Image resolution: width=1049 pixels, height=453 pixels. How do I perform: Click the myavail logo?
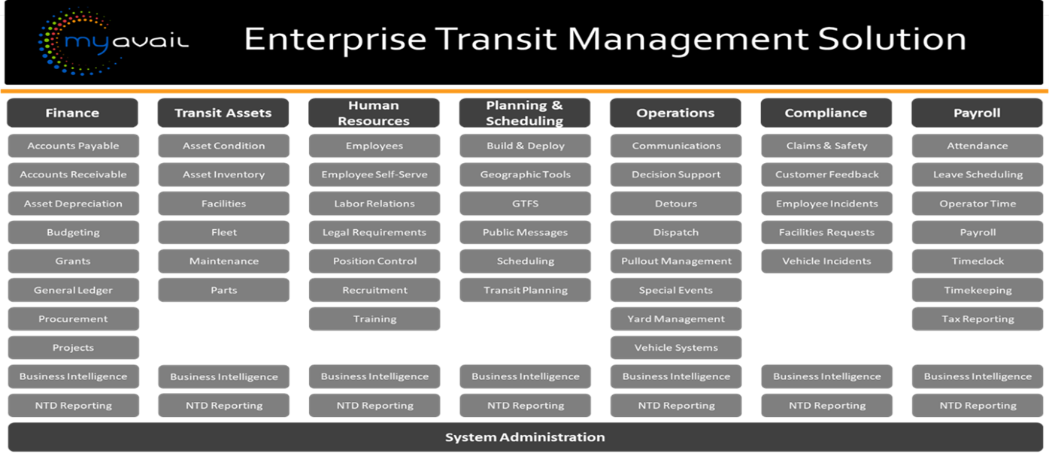(113, 41)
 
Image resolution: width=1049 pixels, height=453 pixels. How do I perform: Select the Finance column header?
(72, 113)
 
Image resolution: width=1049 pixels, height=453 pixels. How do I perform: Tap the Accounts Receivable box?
(73, 174)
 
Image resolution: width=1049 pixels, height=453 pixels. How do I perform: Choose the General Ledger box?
(73, 290)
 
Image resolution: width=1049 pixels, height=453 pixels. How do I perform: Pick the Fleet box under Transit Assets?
(223, 232)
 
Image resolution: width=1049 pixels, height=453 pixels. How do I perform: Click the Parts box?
(223, 290)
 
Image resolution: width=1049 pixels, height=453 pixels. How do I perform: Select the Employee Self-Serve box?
(374, 174)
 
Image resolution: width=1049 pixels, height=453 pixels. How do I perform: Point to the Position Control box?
(374, 261)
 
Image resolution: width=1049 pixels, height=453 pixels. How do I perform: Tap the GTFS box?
(525, 204)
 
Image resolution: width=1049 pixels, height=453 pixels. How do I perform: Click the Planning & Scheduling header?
(525, 113)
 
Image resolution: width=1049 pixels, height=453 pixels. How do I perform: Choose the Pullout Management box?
(676, 261)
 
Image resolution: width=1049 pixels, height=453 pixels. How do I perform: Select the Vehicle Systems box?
(676, 348)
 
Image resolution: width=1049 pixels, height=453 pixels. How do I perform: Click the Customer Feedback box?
(826, 174)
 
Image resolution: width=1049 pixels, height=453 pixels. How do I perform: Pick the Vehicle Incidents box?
(826, 261)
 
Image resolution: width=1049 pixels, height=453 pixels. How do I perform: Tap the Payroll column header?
(977, 113)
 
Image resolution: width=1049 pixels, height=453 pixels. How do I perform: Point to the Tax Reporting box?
(978, 319)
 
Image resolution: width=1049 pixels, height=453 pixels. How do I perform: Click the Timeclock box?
(978, 261)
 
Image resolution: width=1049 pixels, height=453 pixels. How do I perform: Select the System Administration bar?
(524, 436)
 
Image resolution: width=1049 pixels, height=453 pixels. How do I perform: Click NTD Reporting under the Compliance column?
(826, 406)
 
